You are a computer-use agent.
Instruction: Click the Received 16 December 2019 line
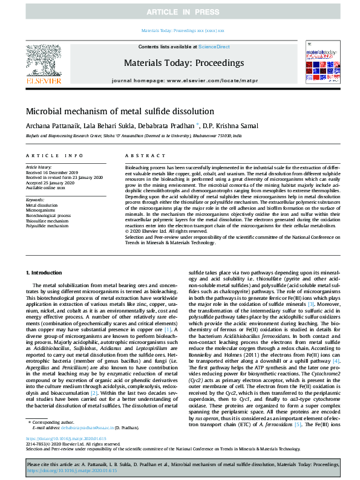[51, 172]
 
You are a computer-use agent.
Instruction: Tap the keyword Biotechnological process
[48, 215]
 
